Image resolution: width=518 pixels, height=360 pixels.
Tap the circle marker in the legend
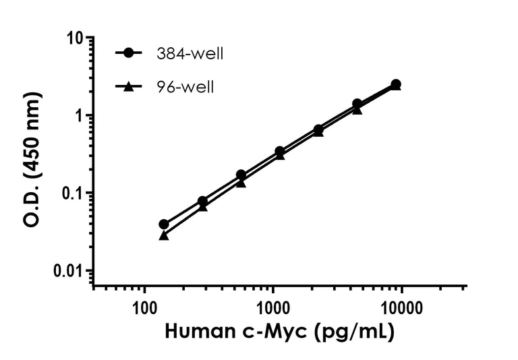[x=129, y=54]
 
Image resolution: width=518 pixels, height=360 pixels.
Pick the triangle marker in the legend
[x=129, y=86]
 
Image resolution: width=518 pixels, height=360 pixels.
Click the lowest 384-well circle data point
[x=163, y=224]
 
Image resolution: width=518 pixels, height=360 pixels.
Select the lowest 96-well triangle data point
[x=163, y=235]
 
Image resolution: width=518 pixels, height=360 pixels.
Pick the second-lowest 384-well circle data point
[x=202, y=201]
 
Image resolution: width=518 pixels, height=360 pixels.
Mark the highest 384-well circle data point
[x=396, y=84]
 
